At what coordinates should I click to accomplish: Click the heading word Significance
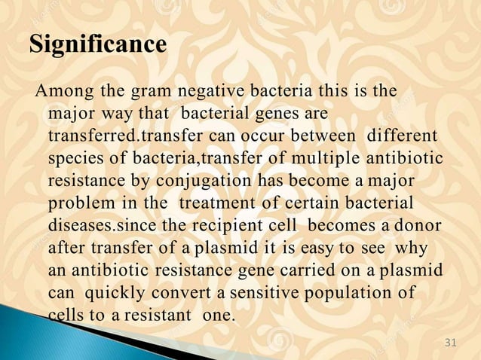point(98,44)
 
